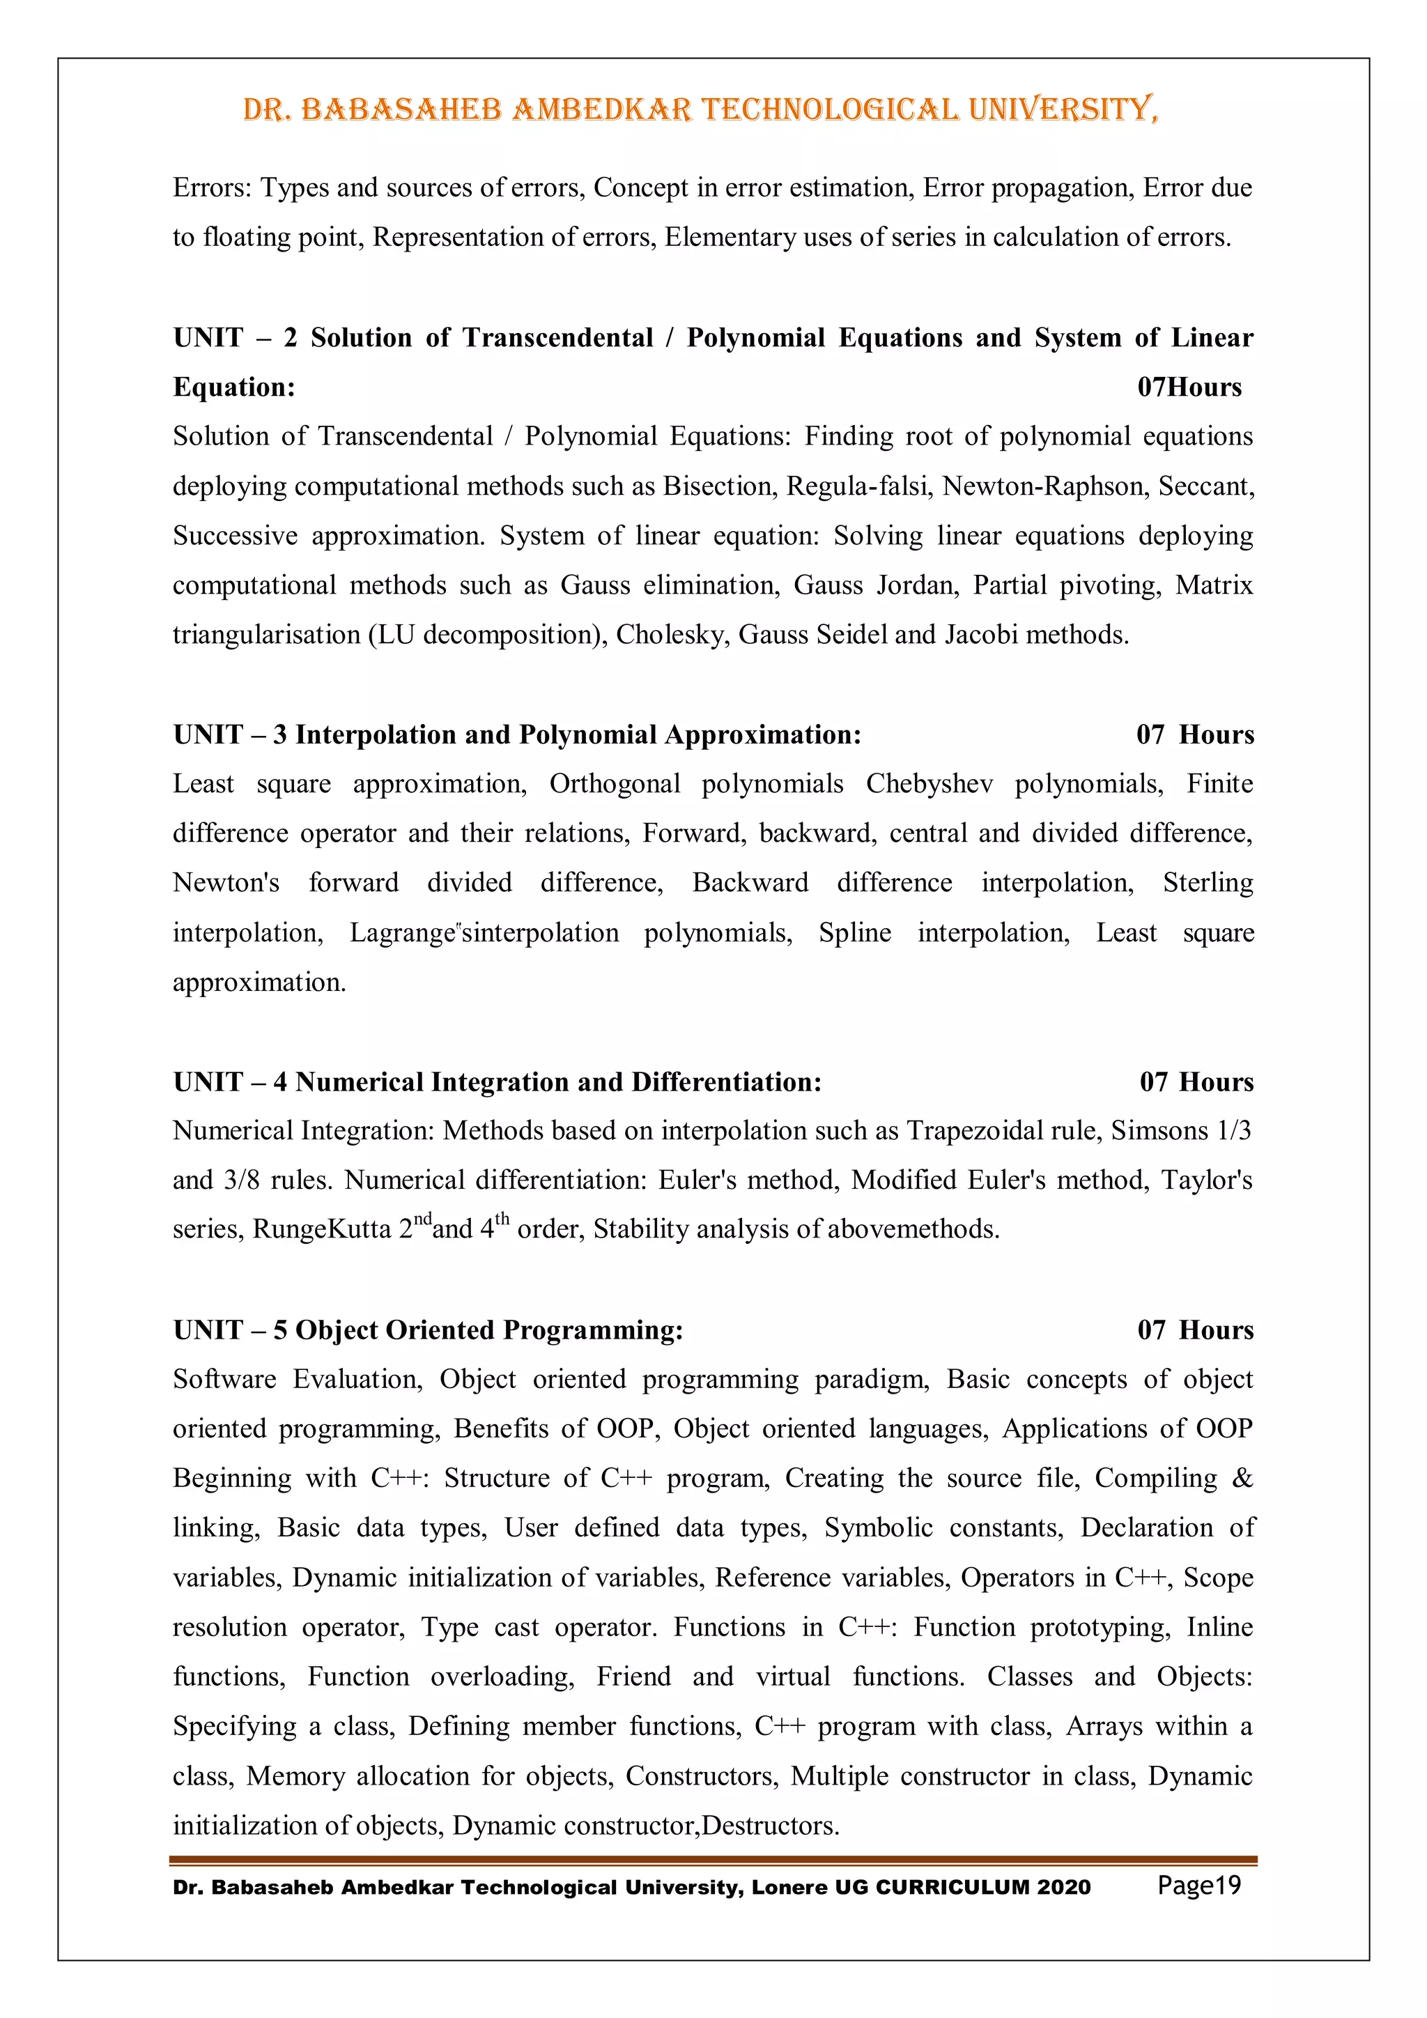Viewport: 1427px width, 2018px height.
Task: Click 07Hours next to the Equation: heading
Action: click(1189, 387)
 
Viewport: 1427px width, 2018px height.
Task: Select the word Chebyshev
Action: click(930, 784)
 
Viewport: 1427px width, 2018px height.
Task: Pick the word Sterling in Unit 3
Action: click(1208, 882)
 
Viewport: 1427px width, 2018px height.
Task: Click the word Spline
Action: click(854, 932)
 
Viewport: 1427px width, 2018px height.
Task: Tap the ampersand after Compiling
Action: click(1242, 1479)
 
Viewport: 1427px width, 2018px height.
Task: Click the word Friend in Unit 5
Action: click(633, 1677)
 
